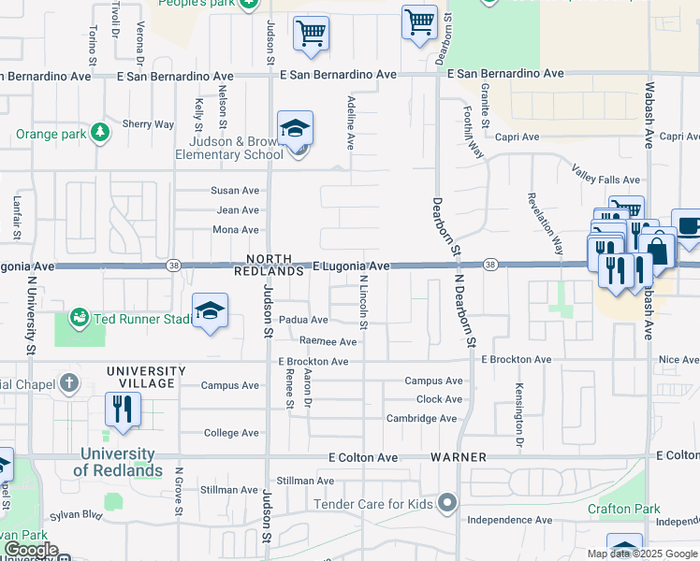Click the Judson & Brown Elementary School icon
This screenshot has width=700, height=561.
point(295,129)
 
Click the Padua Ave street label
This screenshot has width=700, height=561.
point(303,320)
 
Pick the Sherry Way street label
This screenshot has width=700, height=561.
point(149,124)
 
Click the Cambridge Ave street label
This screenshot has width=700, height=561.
point(421,419)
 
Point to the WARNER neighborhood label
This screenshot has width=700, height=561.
point(459,457)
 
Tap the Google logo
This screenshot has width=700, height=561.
point(31,551)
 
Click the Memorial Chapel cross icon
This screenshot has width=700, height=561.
point(68,383)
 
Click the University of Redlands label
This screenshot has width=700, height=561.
point(119,462)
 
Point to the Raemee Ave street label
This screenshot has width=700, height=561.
point(328,342)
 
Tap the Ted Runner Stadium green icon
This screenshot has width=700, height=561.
point(80,318)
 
